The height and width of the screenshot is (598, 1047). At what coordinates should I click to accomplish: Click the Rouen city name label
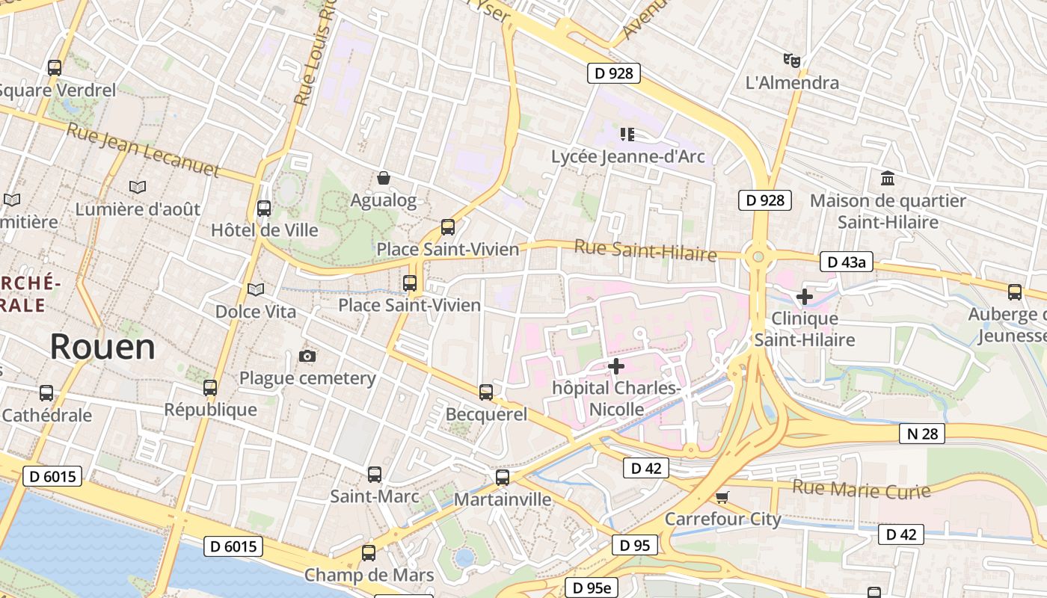102,347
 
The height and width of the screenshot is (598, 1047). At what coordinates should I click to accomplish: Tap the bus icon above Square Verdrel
55,68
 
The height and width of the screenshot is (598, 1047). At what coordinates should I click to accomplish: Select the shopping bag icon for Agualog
384,178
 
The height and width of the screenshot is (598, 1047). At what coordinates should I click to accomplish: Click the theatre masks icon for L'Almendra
792,60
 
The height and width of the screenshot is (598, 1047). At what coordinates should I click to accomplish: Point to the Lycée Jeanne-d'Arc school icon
627,135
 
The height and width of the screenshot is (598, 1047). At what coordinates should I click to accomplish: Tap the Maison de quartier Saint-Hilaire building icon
888,179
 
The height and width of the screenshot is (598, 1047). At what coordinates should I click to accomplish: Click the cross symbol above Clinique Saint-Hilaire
804,297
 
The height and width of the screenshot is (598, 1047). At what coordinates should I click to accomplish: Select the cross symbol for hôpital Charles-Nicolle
616,366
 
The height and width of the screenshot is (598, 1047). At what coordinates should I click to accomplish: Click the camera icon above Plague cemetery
307,356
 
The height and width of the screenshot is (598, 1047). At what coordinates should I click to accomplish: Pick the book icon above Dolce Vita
256,289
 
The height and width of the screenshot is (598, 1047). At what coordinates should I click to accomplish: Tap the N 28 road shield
922,434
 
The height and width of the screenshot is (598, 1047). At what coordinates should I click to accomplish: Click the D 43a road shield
847,262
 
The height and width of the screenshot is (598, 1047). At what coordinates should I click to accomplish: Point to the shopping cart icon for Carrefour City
722,497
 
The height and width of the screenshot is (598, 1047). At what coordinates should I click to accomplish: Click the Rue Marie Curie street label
862,490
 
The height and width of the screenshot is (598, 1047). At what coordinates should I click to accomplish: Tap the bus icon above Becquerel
486,392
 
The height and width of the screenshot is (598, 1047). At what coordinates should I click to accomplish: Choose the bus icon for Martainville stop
503,477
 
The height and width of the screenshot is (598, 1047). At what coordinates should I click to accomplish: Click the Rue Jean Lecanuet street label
144,150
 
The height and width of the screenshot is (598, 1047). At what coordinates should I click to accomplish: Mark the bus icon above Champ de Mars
369,553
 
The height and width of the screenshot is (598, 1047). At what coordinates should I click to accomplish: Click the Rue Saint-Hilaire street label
645,250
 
